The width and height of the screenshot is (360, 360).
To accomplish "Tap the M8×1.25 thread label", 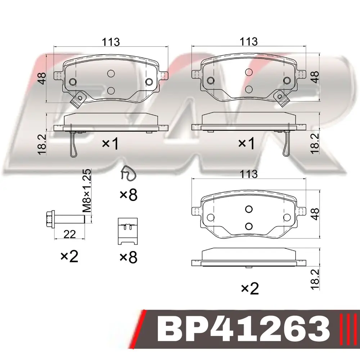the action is tap(87, 191).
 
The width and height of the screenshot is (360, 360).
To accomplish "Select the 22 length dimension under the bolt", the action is tap(69, 234).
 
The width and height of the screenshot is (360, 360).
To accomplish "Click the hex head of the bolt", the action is tap(50, 220).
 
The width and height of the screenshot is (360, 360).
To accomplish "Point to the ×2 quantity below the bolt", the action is tap(69, 256).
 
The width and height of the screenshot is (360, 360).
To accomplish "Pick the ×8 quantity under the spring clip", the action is tap(129, 195).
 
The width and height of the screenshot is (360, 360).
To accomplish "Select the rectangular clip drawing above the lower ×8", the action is tap(128, 231).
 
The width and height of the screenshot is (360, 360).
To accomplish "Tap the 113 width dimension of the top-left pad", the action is tap(111, 42).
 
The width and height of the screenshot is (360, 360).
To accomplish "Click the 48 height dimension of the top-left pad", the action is tap(42, 78).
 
